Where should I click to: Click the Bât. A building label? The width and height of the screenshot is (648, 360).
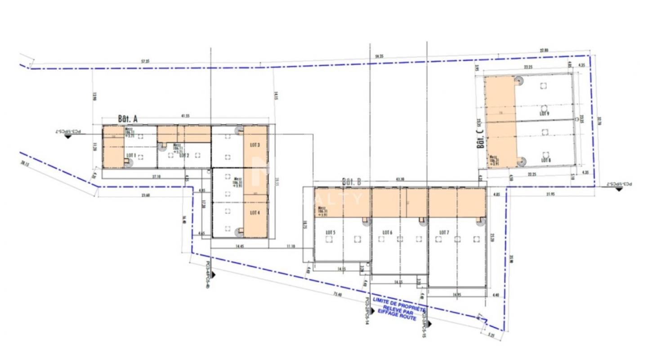(127, 119)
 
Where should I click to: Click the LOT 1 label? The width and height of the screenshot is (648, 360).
(131, 155)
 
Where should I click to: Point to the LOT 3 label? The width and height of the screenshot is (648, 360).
(255, 145)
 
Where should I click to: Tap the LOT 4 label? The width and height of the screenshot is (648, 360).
(255, 212)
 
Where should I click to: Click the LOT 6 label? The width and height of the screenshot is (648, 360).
(388, 232)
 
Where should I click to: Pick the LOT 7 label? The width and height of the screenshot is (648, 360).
(444, 232)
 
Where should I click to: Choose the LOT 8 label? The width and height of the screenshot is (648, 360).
(545, 160)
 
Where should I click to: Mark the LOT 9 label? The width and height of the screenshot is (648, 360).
(545, 114)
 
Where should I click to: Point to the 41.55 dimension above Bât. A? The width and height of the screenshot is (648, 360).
(185, 116)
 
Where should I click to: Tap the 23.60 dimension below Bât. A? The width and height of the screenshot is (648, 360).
(145, 195)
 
